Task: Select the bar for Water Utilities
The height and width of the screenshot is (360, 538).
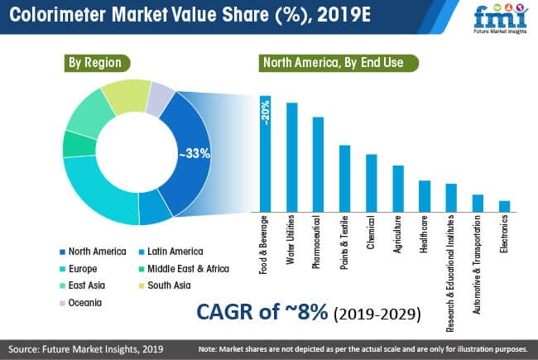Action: [292, 157]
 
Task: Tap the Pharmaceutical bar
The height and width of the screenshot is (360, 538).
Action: [318, 164]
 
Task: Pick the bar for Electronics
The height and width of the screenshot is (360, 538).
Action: [504, 205]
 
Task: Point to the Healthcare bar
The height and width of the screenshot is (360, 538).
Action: [425, 195]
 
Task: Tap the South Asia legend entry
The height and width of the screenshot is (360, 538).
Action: [169, 286]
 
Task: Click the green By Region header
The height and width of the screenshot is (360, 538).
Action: [96, 63]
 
